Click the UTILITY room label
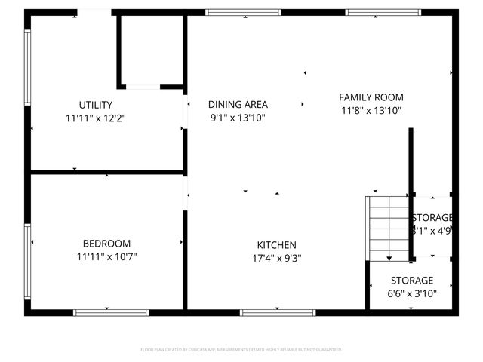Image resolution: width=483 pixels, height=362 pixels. point(96,105)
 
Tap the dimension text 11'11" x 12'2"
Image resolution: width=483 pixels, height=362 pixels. point(96,118)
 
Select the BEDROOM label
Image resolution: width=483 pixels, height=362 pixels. point(106,244)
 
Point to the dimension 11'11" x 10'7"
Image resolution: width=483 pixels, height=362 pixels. point(106,257)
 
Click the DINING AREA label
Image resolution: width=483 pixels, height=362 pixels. point(238,105)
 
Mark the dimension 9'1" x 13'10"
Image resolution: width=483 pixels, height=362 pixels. point(238,118)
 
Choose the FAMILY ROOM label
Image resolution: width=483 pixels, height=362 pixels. point(371,97)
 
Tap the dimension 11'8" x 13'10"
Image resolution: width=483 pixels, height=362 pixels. point(371,111)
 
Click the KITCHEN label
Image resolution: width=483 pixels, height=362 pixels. point(277,245)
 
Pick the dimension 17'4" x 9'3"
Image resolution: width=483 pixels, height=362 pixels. point(277,259)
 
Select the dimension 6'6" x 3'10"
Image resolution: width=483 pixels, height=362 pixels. point(411,294)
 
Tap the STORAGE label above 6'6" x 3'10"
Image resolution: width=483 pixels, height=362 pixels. point(411,281)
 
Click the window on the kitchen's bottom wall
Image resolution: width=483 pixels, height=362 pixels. point(278,312)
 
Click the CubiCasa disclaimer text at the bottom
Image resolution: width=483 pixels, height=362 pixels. point(241,350)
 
